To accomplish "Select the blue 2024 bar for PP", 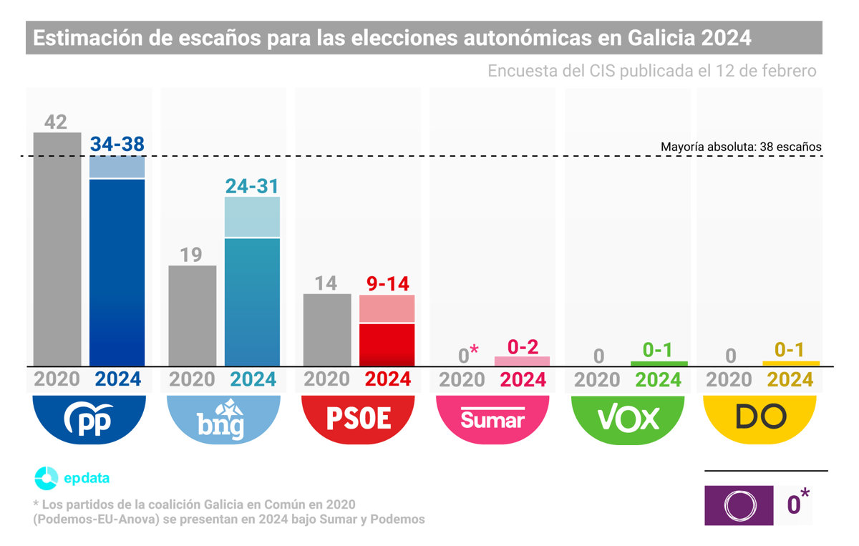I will click(117, 272).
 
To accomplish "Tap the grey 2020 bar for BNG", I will click(192, 316).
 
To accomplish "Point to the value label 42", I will click(56, 122).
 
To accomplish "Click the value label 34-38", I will click(117, 144).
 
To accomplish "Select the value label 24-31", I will click(252, 185).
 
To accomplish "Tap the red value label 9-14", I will click(387, 283).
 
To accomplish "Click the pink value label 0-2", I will click(523, 346).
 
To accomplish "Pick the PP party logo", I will click(89, 419).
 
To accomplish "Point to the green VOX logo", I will click(628, 419).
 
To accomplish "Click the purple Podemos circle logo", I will click(739, 505).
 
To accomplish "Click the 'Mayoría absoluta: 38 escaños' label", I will click(741, 147).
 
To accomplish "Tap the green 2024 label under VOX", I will click(658, 379).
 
